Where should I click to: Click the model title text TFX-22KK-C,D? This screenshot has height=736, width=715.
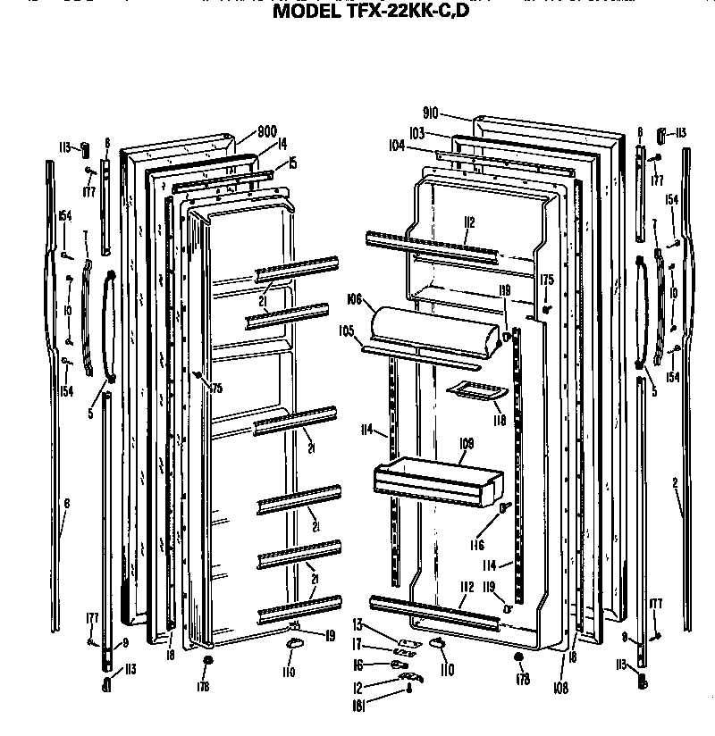click(370, 13)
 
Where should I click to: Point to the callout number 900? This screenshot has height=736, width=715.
click(266, 131)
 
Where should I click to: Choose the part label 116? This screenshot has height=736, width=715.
click(477, 545)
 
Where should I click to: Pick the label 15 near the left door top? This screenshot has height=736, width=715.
click(291, 163)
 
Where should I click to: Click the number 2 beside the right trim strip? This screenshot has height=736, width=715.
click(675, 483)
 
